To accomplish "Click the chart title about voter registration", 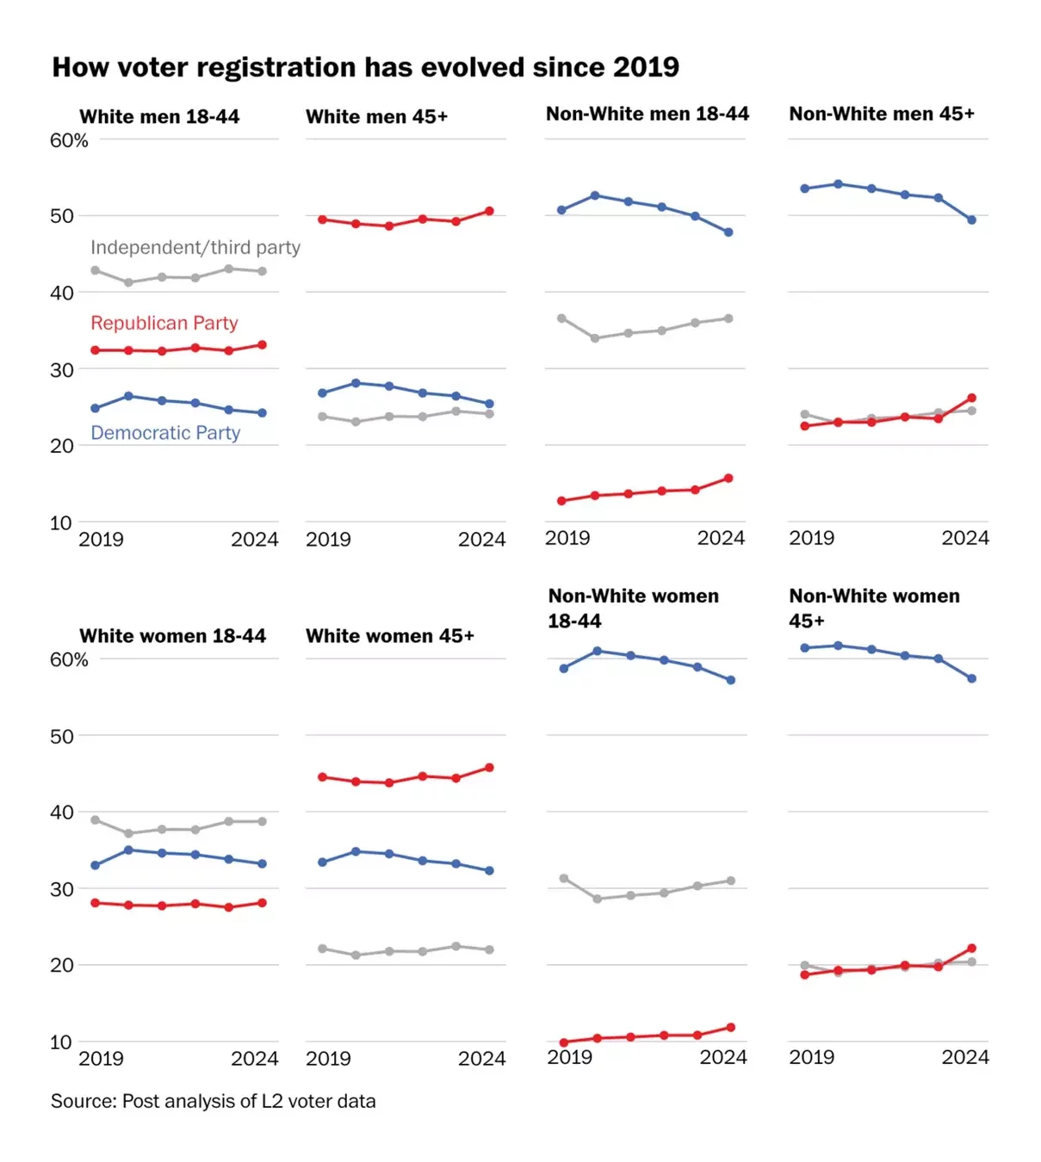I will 365,67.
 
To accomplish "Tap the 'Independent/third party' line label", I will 195,248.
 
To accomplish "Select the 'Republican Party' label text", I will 164,323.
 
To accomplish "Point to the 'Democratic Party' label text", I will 165,433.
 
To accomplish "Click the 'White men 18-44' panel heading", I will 159,117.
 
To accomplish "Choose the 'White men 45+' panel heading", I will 376,117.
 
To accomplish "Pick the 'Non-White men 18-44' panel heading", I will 648,114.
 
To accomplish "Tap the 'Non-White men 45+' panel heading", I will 882,114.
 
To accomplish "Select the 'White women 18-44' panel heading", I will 172,636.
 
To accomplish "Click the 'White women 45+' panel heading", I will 389,636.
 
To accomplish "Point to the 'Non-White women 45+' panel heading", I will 874,608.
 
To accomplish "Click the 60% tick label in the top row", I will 69,140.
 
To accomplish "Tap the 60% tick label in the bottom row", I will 69,659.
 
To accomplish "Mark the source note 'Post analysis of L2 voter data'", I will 213,1101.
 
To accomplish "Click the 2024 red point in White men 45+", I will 489,211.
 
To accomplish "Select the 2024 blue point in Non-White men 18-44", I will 728,232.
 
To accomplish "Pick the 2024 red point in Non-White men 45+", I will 971,398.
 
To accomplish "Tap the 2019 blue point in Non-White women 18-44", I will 564,668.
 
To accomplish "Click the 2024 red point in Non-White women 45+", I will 971,949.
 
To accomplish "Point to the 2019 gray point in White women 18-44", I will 95,820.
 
